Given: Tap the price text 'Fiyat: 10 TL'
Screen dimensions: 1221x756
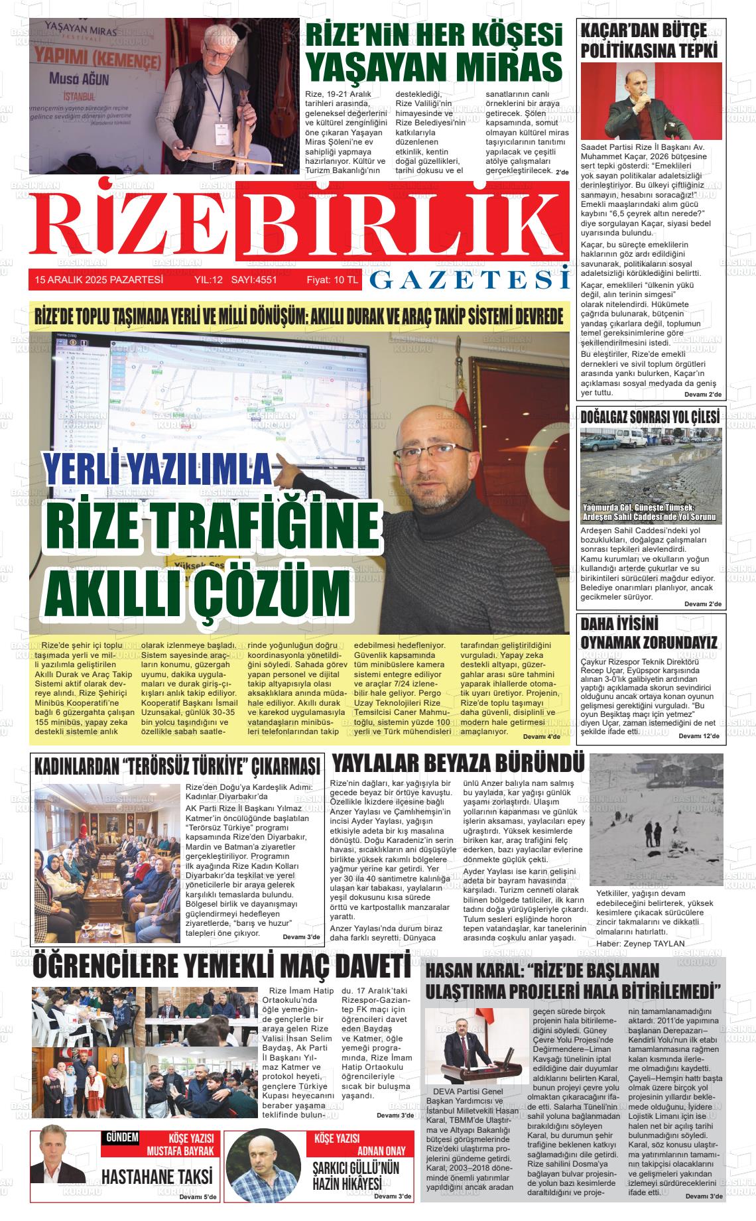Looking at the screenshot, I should click(x=332, y=280).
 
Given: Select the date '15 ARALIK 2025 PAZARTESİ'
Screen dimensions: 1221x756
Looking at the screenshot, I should click(x=99, y=280).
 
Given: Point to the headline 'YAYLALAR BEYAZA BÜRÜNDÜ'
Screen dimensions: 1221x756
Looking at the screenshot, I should click(x=458, y=763).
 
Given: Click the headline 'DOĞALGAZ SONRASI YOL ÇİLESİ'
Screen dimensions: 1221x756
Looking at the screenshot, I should click(x=650, y=417).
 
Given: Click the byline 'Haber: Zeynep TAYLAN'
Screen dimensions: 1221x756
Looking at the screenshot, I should click(x=640, y=943).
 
